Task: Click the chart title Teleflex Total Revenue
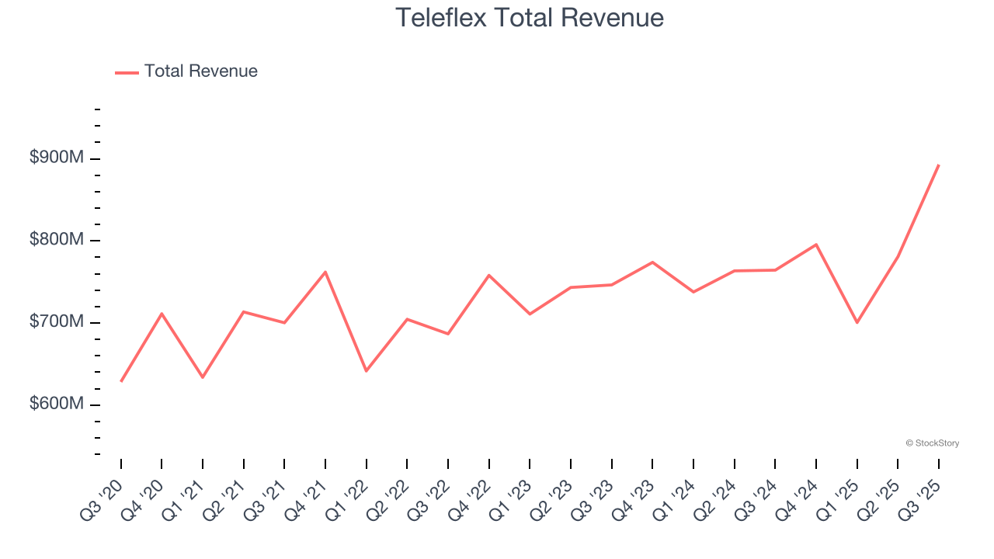point(530,17)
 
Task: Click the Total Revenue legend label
point(200,71)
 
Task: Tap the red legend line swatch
point(127,72)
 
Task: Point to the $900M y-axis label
point(56,158)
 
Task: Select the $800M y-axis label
point(56,240)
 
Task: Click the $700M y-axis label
point(56,321)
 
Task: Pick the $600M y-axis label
point(56,404)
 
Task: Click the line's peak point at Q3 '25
point(938,165)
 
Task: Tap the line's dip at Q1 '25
point(857,322)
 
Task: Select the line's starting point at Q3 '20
point(121,381)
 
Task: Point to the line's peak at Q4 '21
point(325,272)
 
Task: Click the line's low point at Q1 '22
point(366,371)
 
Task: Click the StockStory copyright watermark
point(932,443)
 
